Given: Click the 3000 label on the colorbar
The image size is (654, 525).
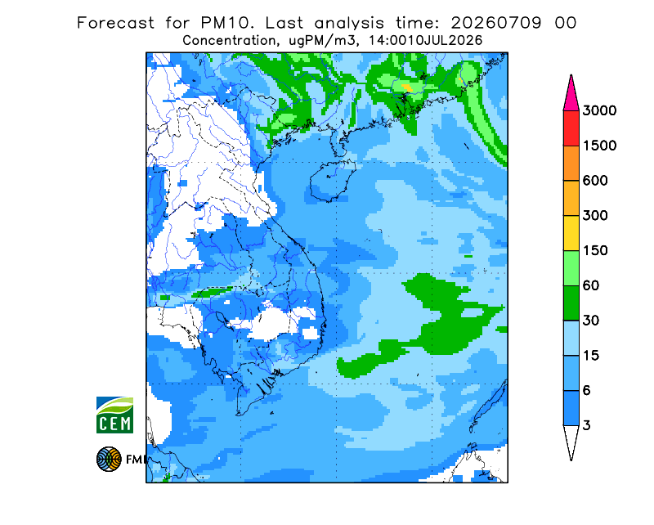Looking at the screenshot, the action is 599,110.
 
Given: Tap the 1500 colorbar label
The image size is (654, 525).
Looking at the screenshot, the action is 599,146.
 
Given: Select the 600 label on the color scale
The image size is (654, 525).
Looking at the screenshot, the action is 595,181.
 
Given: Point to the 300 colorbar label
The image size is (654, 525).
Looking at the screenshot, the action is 595,216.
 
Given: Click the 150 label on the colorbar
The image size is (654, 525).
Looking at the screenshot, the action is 595,251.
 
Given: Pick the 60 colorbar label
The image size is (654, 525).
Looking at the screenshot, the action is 591,286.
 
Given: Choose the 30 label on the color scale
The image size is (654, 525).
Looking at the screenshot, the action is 591,321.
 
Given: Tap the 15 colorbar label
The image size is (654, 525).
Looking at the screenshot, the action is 591,356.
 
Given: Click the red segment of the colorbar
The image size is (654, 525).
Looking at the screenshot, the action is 571,128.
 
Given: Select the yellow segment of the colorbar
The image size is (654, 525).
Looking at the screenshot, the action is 571,233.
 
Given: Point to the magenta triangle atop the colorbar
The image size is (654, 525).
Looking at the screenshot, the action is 571,95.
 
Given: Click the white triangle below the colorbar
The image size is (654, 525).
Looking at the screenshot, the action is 571,440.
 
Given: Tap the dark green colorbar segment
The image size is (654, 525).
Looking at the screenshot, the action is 571,303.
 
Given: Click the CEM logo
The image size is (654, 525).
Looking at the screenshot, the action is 114,415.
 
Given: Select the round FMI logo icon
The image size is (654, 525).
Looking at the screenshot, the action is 109,459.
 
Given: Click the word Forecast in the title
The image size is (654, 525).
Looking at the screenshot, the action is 115,23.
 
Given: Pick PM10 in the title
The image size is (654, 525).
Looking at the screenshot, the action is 227,23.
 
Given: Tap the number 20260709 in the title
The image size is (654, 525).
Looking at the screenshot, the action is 496,23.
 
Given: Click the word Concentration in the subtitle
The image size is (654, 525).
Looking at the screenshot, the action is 230,41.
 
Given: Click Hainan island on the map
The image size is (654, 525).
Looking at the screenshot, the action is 332,180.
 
